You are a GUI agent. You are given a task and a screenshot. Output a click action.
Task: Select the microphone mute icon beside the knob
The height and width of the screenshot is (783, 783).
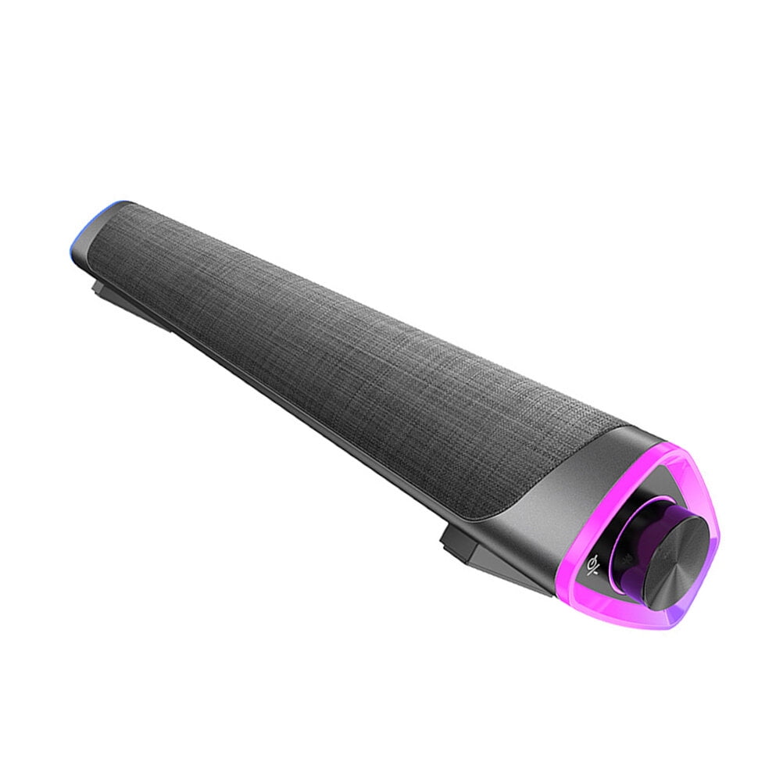[x=597, y=562]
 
